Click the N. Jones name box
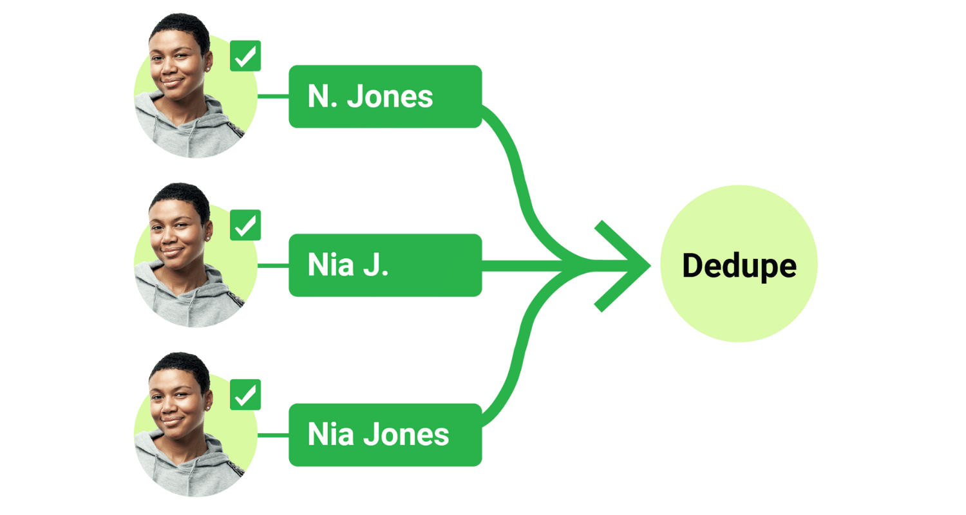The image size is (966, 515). click(x=384, y=96)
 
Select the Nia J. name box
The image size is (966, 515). click(x=384, y=265)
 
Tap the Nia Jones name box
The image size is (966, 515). click(x=384, y=435)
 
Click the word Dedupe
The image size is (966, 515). click(x=739, y=265)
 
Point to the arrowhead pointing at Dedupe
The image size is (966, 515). click(x=634, y=265)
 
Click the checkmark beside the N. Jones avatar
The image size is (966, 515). click(x=245, y=56)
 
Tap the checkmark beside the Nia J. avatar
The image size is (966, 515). click(x=245, y=225)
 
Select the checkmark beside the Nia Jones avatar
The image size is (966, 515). click(x=245, y=395)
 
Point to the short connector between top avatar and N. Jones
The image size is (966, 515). click(x=272, y=96)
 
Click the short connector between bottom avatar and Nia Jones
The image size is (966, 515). click(x=272, y=435)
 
